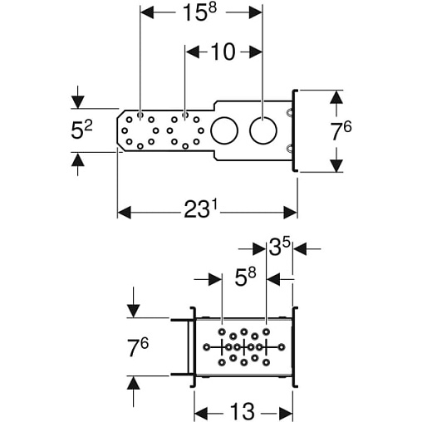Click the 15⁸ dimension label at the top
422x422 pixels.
(200, 12)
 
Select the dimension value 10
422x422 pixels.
(223, 52)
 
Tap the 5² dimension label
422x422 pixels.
(81, 130)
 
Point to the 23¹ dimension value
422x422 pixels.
(201, 209)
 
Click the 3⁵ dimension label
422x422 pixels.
(279, 248)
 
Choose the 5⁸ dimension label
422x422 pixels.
(245, 277)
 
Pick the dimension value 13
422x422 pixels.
(243, 411)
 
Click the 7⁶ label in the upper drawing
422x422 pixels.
(341, 131)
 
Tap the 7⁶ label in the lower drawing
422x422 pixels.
(138, 347)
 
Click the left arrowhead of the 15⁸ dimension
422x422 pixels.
(147, 12)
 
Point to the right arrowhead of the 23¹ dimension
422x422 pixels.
(291, 213)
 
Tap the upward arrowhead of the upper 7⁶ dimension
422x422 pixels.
(336, 97)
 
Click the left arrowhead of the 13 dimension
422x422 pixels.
(201, 414)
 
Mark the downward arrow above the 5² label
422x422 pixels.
(78, 97)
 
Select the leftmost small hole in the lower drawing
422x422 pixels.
(206, 346)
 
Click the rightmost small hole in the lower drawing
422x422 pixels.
(282, 346)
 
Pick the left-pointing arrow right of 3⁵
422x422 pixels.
(307, 249)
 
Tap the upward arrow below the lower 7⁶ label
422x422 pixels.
(133, 391)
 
